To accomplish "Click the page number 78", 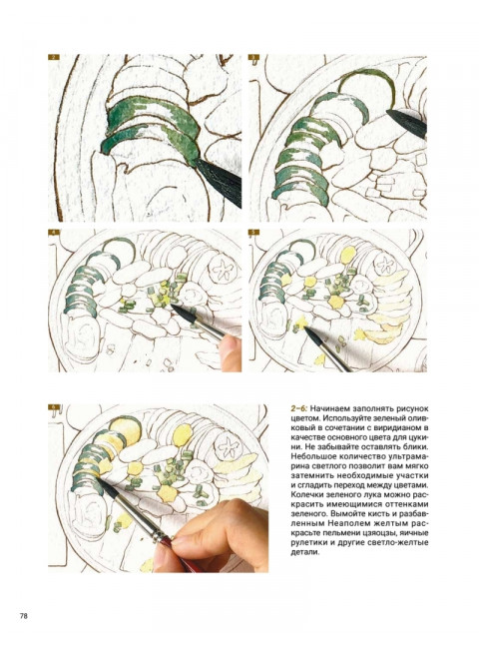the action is click(x=24, y=616).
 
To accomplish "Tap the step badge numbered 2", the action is click(x=54, y=58).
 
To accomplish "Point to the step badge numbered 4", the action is click(x=54, y=233).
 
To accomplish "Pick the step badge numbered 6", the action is click(x=54, y=407).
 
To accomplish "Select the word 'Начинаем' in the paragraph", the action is click(x=327, y=409).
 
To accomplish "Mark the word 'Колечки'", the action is click(x=306, y=494).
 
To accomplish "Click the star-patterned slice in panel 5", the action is click(x=386, y=264).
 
